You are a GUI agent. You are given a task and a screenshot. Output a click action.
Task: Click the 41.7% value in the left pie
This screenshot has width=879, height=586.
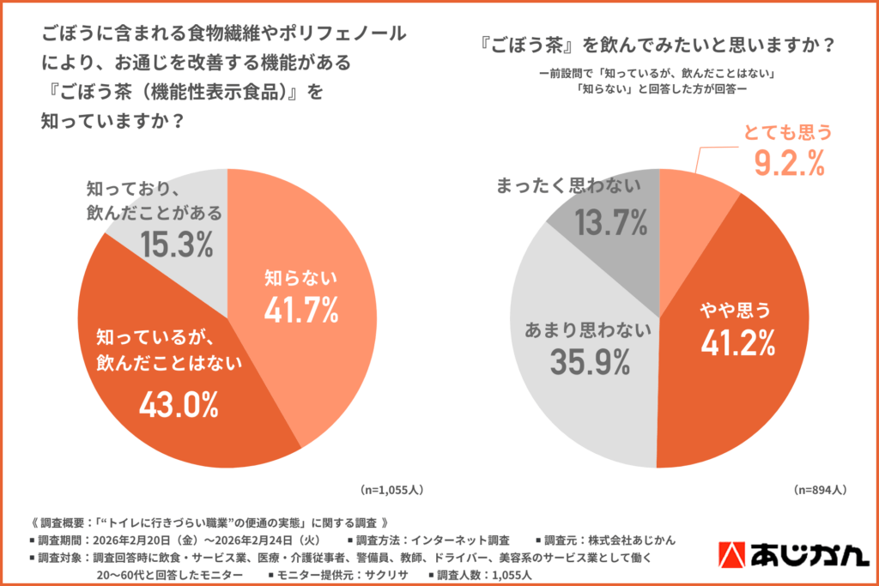(300, 310)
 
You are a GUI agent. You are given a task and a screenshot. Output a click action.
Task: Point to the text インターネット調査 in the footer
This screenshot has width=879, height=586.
(461, 540)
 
